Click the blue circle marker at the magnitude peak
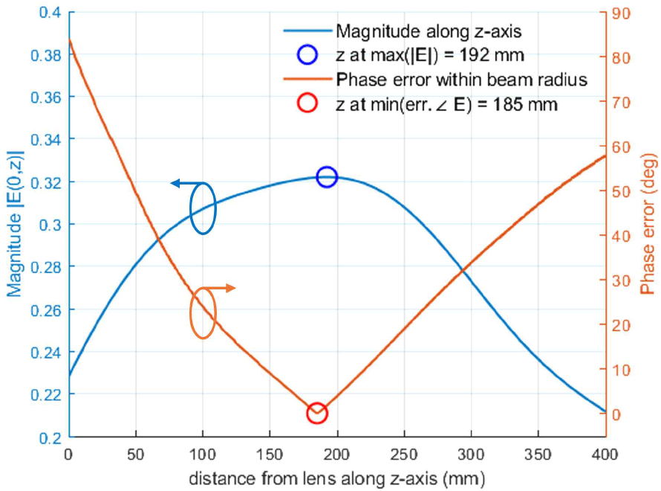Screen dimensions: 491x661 point(327,177)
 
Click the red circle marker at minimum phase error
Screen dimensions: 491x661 point(317,414)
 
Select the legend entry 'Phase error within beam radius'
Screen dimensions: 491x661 point(461,80)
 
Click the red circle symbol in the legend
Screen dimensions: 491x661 point(306,103)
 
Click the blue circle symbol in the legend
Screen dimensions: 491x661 point(306,55)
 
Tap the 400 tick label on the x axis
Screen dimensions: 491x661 point(604,453)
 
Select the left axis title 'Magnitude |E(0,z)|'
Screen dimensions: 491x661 point(16,223)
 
